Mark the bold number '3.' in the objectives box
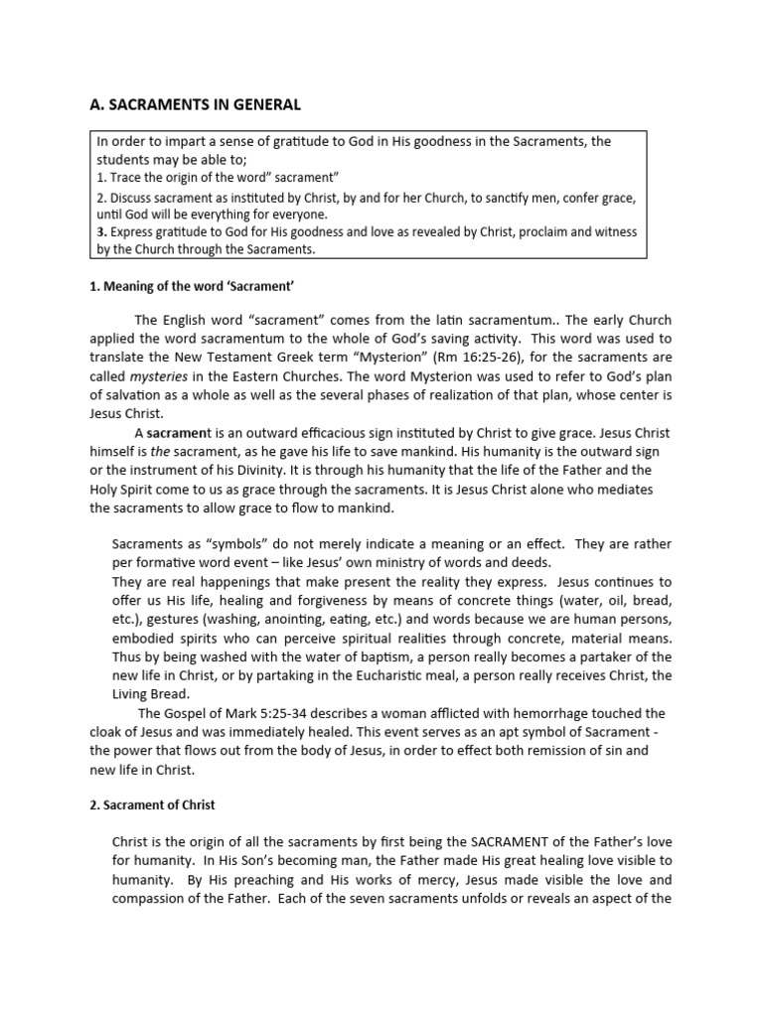(101, 232)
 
